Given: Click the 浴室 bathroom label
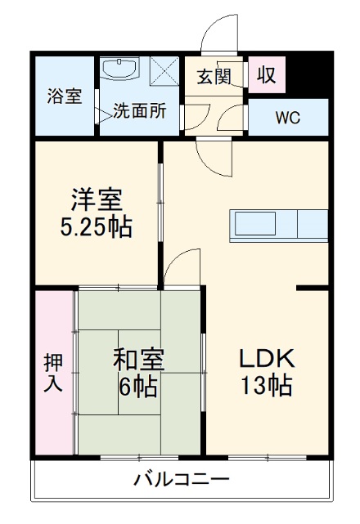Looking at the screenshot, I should [x=63, y=96].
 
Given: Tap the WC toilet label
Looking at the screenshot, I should [x=286, y=117].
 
